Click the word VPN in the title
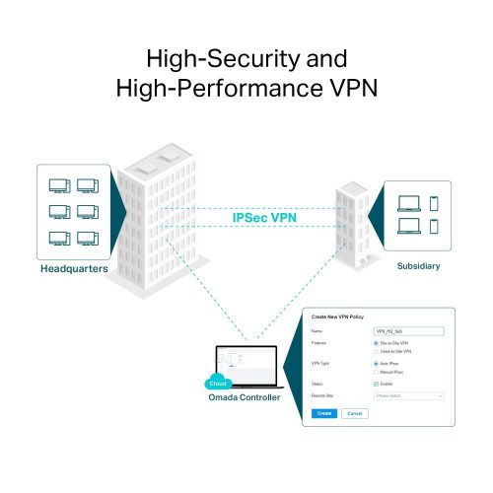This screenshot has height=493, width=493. pyautogui.click(x=344, y=88)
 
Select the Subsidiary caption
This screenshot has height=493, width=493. pyautogui.click(x=419, y=265)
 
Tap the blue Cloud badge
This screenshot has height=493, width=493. pyautogui.click(x=218, y=383)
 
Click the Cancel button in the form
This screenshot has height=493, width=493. pyautogui.click(x=354, y=413)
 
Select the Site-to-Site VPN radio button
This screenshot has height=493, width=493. pyautogui.click(x=376, y=344)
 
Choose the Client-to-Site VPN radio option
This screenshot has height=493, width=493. pyautogui.click(x=376, y=352)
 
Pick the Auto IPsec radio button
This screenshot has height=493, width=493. pyautogui.click(x=376, y=364)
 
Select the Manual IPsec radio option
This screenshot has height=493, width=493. pyautogui.click(x=376, y=372)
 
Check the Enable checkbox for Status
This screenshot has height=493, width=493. pyautogui.click(x=376, y=384)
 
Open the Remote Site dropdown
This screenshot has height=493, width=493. pyautogui.click(x=408, y=395)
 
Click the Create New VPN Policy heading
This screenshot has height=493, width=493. pyautogui.click(x=337, y=317)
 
